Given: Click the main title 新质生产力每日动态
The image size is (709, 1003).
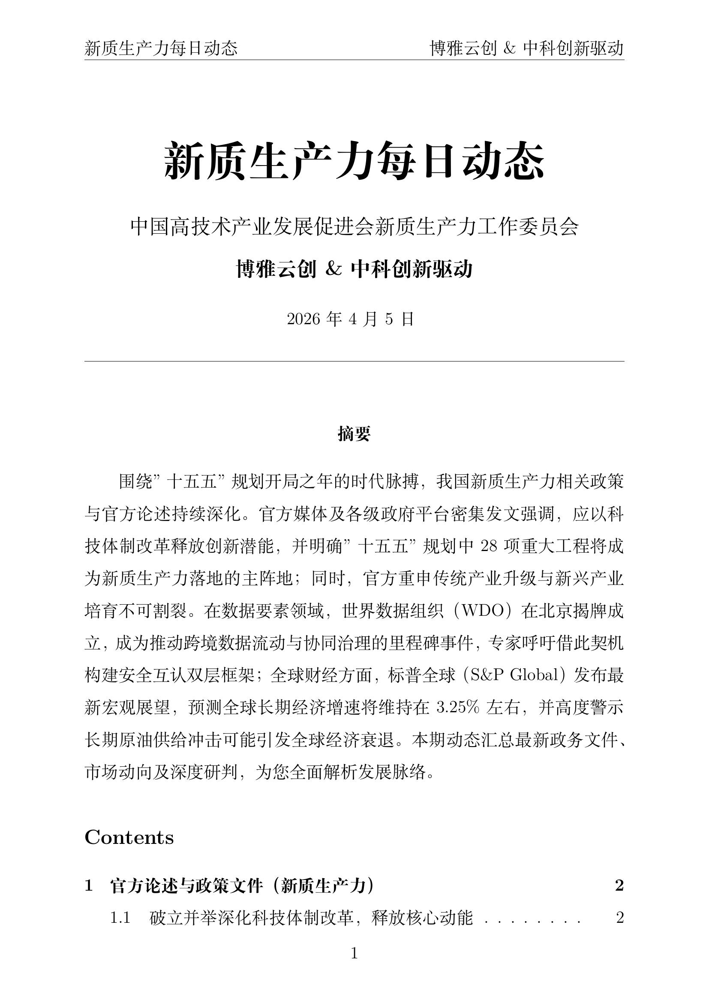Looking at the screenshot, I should click(x=354, y=161).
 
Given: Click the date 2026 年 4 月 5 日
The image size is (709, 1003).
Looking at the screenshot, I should click(x=350, y=319).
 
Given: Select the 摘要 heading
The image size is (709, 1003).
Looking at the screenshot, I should click(x=354, y=434).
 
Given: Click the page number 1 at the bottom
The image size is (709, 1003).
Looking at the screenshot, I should click(x=354, y=954).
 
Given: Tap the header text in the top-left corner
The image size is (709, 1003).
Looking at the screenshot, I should click(x=161, y=48).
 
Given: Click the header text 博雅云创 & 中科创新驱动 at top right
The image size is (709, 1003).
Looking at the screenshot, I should click(x=526, y=48).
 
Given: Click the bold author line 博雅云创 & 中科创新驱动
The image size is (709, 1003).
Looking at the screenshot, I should click(x=354, y=269).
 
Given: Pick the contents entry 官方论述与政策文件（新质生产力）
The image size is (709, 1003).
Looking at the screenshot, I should click(x=242, y=886).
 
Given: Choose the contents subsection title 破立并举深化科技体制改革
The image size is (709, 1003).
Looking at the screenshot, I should click(x=311, y=918).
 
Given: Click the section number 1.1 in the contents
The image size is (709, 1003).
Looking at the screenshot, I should click(x=120, y=918).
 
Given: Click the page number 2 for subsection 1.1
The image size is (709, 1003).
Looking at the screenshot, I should click(x=619, y=918).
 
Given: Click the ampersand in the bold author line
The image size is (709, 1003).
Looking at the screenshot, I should click(x=333, y=269).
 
